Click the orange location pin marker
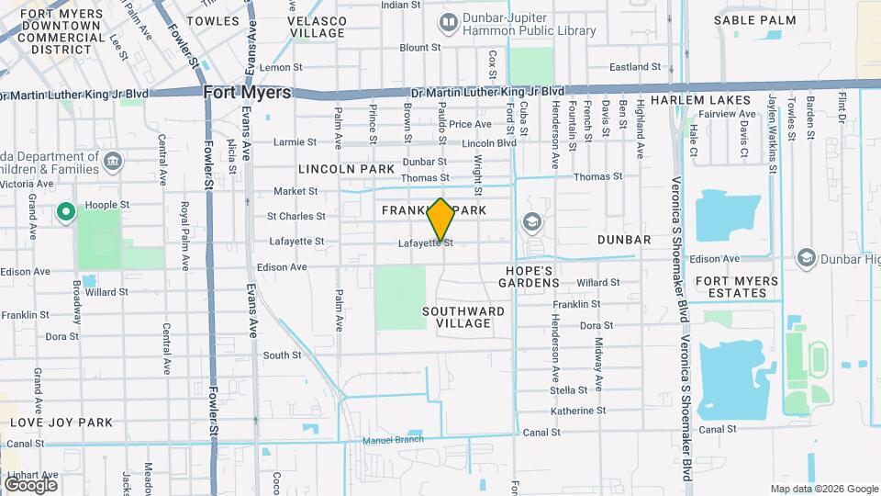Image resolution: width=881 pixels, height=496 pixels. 441,220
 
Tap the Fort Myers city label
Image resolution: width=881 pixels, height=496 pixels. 247,93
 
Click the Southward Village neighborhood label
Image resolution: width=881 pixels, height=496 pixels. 463,317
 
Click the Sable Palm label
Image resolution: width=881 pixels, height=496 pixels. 755,19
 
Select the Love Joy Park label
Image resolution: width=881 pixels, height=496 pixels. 61,423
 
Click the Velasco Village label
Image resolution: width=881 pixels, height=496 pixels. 318,26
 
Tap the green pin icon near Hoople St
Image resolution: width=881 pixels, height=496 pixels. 65,213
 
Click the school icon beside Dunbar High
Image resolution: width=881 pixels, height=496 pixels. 807,257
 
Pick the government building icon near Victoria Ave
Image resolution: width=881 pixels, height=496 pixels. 113,163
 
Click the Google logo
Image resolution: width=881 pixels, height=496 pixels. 30,484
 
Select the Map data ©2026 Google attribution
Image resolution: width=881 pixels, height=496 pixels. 823,489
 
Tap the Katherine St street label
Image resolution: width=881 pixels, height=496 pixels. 577,411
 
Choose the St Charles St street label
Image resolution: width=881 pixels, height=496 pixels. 296,217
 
